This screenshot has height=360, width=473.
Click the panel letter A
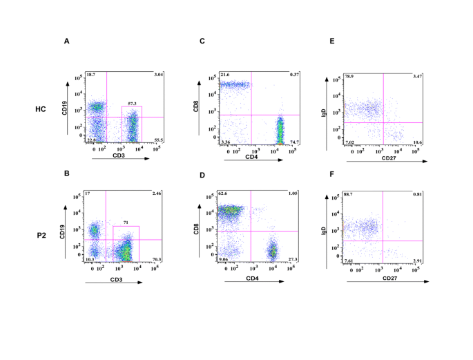click(67, 41)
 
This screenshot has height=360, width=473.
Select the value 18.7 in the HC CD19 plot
click(91, 74)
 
